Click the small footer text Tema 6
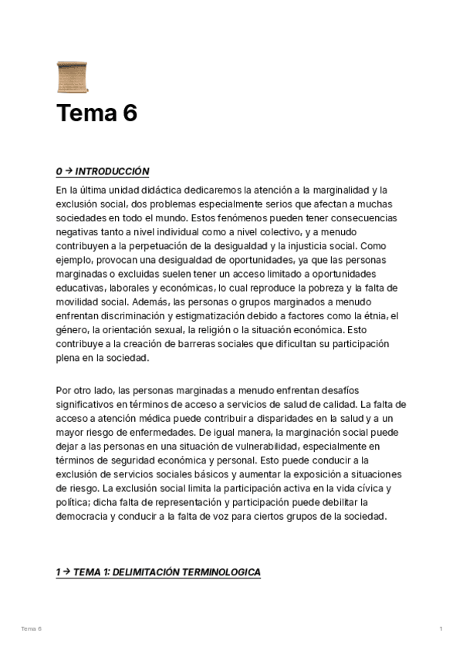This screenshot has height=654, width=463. point(31,629)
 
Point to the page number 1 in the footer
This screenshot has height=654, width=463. point(441,629)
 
